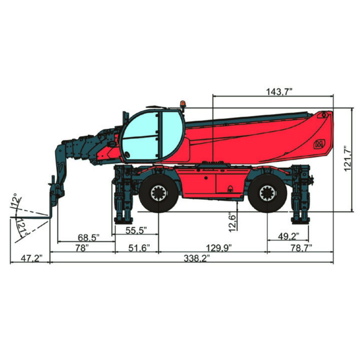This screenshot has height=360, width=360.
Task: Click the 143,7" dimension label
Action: click(x=279, y=92)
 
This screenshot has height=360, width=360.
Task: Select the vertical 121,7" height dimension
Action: click(x=348, y=158)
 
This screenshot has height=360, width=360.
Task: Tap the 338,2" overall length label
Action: click(x=197, y=258)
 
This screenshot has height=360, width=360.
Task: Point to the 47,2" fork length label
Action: click(x=31, y=258)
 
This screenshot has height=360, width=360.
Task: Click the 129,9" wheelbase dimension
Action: click(x=219, y=248)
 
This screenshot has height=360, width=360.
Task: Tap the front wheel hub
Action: click(x=159, y=193)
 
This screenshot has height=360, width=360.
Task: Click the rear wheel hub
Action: click(x=268, y=193)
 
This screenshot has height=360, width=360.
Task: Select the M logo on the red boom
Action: click(x=319, y=143)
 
